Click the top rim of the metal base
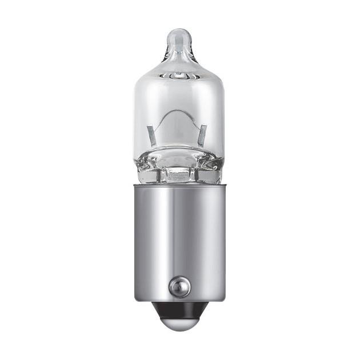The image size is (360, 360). [x=179, y=187]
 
